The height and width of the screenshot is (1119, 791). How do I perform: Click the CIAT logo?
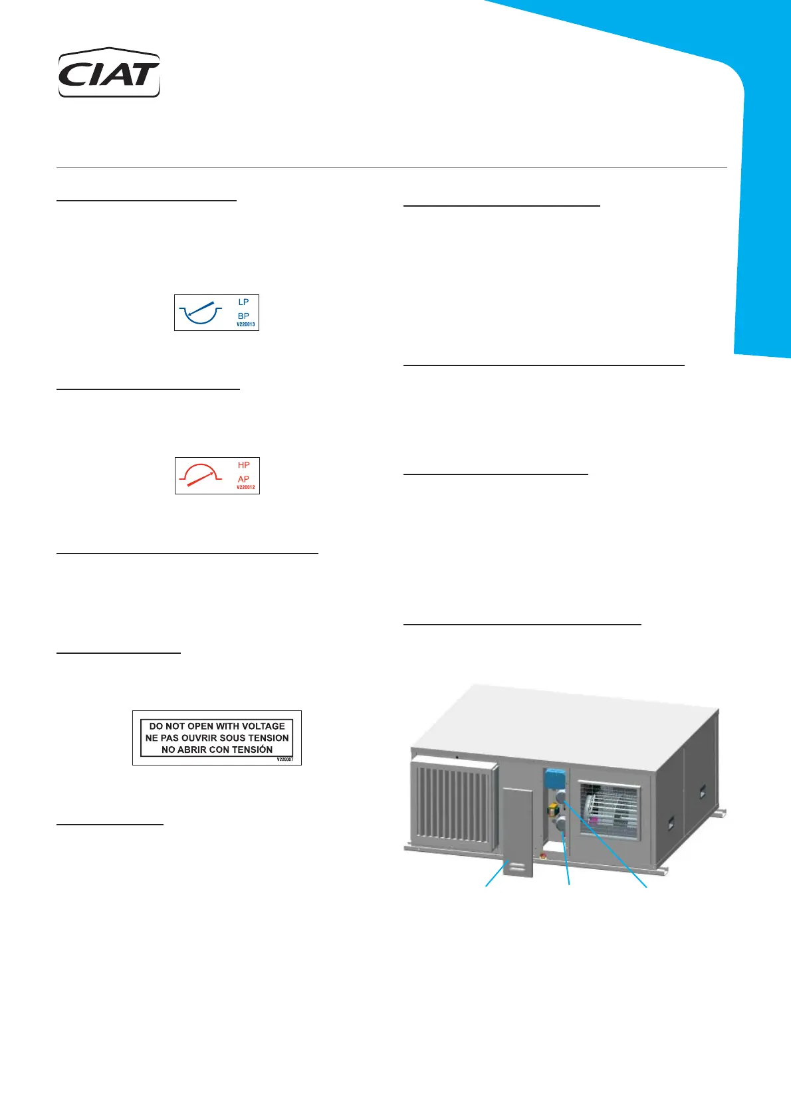click(109, 73)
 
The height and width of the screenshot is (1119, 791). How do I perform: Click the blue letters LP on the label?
click(243, 302)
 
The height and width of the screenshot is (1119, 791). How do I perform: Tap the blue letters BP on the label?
click(243, 316)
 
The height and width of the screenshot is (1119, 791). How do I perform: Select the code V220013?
click(245, 325)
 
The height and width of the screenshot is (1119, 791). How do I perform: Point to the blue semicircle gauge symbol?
click(200, 312)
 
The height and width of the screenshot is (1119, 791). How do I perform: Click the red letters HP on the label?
click(244, 465)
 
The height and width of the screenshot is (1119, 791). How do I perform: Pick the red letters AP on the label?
click(244, 479)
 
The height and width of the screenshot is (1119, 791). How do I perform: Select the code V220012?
click(245, 488)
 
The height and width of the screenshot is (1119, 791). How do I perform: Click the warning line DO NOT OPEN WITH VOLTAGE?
click(217, 726)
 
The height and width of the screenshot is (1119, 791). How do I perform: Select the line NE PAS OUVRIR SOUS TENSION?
click(217, 738)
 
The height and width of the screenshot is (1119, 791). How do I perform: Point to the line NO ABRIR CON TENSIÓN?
click(217, 750)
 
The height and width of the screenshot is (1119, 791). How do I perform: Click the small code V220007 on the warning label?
click(284, 760)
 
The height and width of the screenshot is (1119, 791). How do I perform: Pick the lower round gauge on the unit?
click(562, 825)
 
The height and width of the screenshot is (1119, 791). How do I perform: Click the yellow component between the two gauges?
click(553, 809)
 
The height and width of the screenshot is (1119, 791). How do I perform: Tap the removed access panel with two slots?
click(518, 831)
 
